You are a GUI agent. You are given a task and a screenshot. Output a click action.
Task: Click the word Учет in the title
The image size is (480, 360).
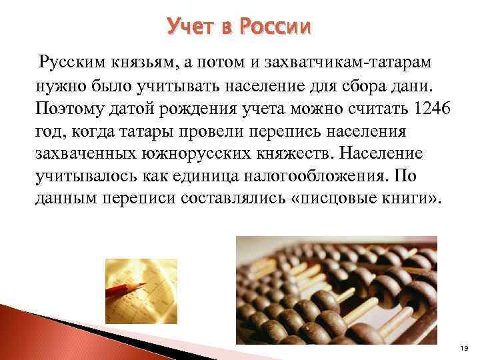click(189, 27)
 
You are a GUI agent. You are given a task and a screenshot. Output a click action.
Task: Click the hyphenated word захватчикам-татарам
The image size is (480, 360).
click(332, 63)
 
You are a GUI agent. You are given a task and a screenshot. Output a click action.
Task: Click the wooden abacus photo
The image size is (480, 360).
click(337, 297)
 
